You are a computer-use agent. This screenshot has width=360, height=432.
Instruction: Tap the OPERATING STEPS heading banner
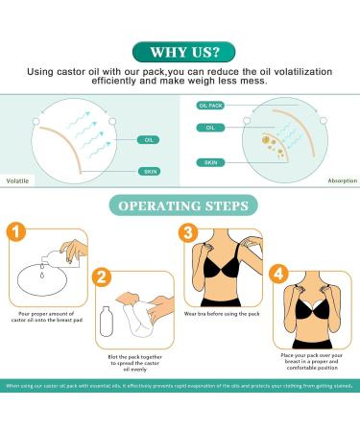(x=180, y=204)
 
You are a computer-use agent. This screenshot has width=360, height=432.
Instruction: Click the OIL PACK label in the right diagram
(x=210, y=105)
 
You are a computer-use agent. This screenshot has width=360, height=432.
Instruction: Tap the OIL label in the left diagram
(x=149, y=138)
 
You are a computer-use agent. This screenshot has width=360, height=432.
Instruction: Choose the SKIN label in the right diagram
(x=210, y=162)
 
